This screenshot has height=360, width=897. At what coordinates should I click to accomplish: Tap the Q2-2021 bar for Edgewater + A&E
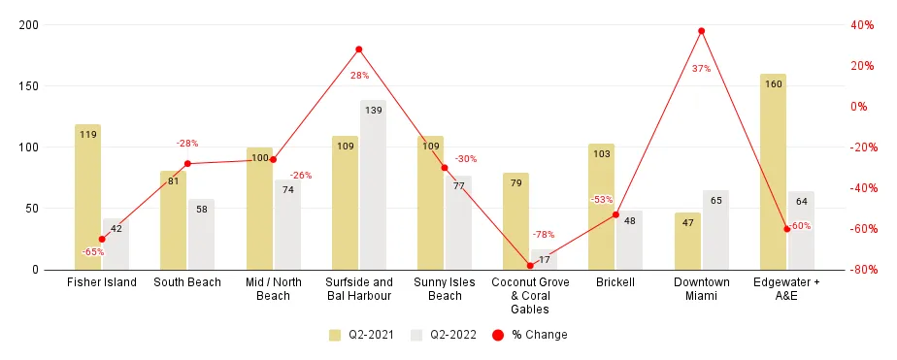[773, 172]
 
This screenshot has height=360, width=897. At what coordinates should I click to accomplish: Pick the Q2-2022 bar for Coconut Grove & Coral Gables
[545, 259]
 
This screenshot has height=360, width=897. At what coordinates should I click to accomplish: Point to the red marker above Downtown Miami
[701, 31]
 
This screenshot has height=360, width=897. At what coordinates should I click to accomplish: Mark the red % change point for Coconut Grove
[530, 266]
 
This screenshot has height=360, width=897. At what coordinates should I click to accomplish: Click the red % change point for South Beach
[187, 164]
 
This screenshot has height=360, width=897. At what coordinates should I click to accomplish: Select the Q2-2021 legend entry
[360, 335]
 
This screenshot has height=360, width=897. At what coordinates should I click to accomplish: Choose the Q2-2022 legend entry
[442, 335]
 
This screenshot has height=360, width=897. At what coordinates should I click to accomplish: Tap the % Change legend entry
[529, 335]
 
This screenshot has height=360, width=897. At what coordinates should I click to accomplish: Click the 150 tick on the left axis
[29, 86]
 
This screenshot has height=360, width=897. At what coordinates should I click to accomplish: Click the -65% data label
[93, 252]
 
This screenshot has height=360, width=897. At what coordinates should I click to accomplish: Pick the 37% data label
[701, 69]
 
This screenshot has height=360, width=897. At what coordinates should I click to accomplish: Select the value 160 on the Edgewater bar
[773, 84]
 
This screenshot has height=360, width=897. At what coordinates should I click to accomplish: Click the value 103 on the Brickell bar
[601, 154]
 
